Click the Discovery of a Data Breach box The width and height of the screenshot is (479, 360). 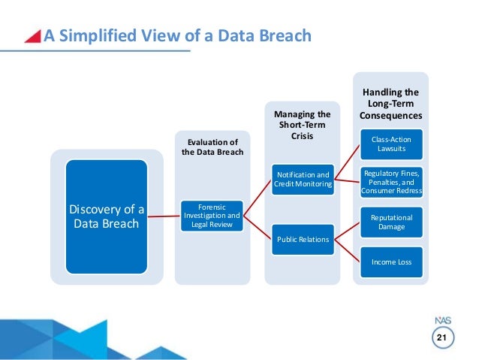[x=106, y=216]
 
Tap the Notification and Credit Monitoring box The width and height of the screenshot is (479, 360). [x=302, y=180]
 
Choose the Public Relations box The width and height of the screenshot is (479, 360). [x=301, y=240]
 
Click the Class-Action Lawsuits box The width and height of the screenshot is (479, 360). [x=390, y=144]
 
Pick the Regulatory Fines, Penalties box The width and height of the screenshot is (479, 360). [x=390, y=181]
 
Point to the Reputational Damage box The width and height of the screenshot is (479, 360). [x=390, y=222]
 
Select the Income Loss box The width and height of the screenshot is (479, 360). [x=390, y=262]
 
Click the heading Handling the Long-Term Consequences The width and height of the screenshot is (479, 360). [x=390, y=103]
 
